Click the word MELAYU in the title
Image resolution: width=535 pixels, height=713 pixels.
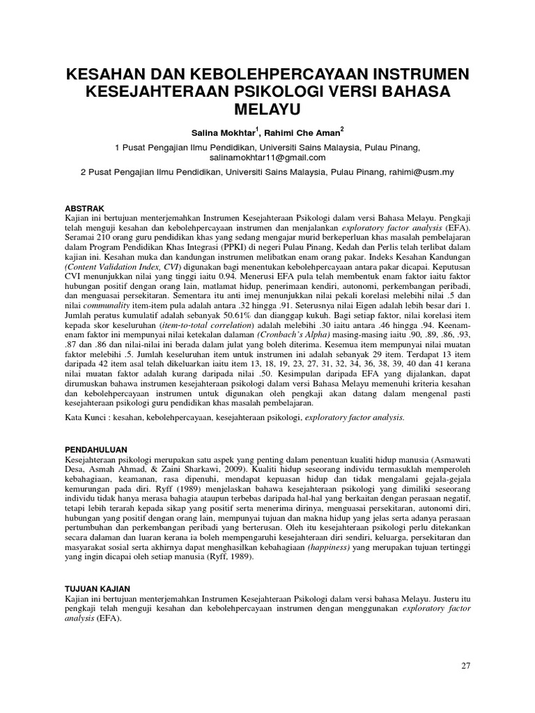267,110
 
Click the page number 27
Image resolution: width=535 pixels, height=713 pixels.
466,666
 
